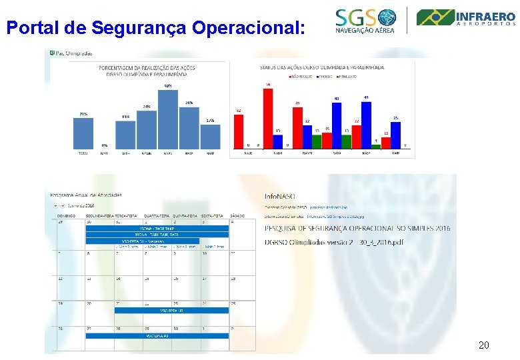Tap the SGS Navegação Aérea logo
click(x=365, y=21)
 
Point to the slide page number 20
click(x=484, y=345)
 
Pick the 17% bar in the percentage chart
click(x=210, y=136)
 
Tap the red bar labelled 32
click(x=239, y=131)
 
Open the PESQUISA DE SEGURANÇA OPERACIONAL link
click(x=357, y=228)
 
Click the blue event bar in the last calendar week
click(x=157, y=336)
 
